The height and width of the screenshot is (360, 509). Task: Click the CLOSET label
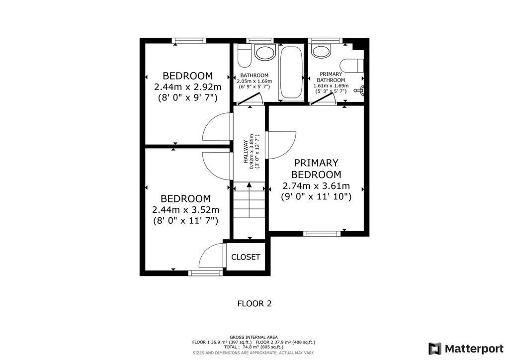point(246,257)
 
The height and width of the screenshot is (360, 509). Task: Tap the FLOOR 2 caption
point(254,304)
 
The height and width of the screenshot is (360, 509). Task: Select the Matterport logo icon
point(435,349)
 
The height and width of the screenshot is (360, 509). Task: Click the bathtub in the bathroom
point(291,73)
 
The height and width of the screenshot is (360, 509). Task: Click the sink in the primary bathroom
point(321,51)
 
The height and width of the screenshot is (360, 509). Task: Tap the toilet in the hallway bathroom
point(245,56)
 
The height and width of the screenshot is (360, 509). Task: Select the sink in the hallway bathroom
point(265,52)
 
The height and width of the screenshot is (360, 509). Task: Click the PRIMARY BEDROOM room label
point(316,169)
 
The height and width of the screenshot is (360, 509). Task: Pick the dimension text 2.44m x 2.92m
point(188,87)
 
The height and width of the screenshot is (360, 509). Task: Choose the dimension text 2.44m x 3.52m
point(186,210)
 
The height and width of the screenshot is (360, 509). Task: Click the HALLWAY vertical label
point(246,152)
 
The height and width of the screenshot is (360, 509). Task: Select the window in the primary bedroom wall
point(322,233)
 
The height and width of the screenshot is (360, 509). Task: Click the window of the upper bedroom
point(189,41)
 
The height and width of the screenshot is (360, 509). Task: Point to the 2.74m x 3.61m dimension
point(316,186)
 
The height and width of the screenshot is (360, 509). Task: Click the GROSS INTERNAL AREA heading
point(254,337)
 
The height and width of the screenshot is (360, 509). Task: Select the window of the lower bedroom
point(206,273)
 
